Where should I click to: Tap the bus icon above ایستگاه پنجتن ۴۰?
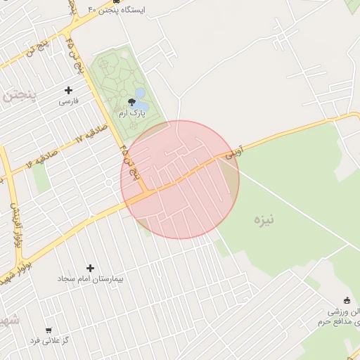[x=115, y=1]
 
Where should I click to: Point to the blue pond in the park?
[x=141, y=93]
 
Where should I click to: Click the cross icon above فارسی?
[x=68, y=90]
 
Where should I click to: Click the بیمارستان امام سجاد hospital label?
[x=90, y=279]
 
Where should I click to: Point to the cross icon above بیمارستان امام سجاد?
[x=90, y=268]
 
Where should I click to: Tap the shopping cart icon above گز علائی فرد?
[x=49, y=330]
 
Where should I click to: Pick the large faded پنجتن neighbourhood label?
[x=14, y=96]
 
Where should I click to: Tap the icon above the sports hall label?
[x=345, y=300]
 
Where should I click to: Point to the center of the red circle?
[x=180, y=179]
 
